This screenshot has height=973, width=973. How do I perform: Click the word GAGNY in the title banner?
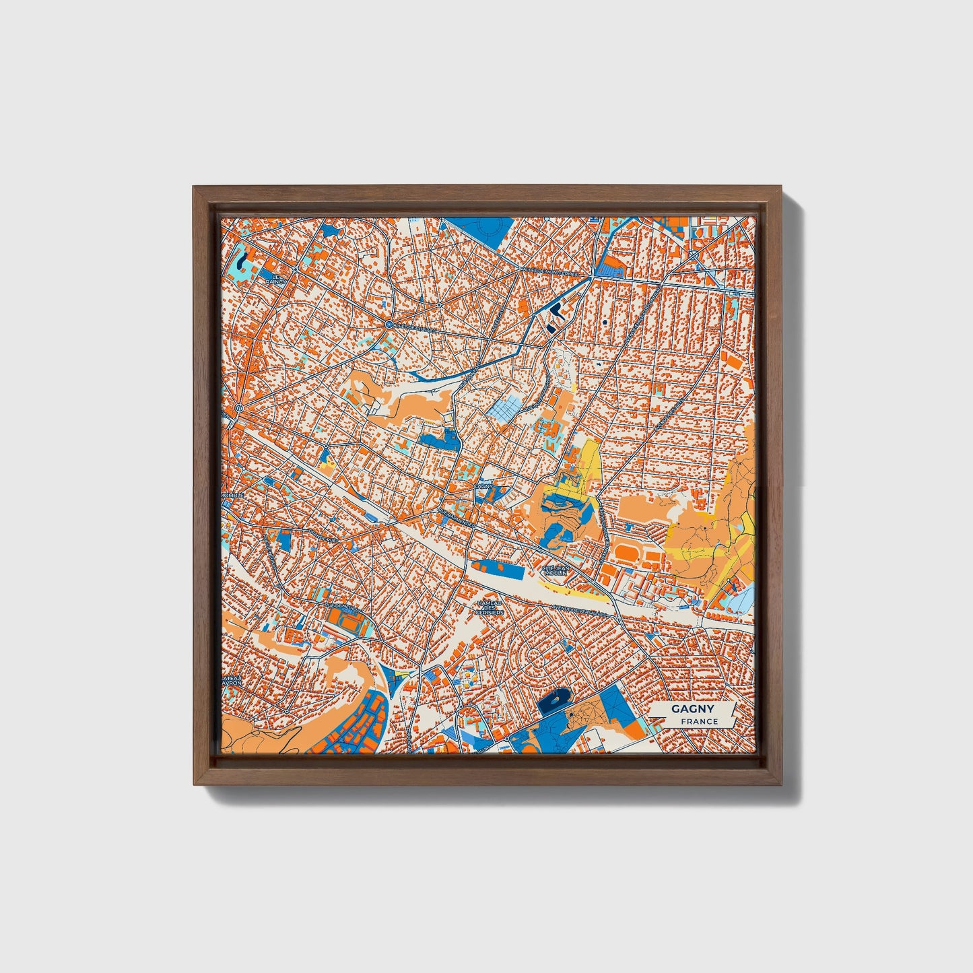(x=692, y=709)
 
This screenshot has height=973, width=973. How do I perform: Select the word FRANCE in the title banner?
(x=699, y=722)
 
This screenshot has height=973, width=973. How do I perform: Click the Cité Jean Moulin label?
(x=556, y=570)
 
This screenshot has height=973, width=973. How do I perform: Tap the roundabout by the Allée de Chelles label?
(x=389, y=325)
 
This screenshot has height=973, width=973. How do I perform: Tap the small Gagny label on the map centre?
(x=484, y=485)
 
